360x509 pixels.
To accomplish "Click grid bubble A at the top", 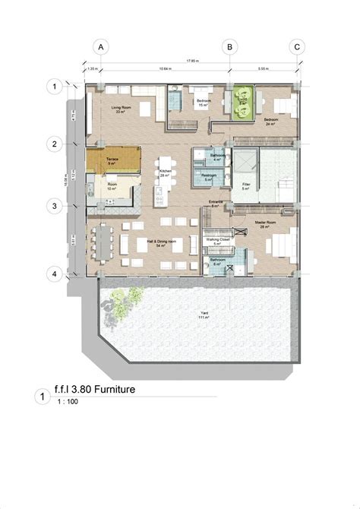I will point(99,46).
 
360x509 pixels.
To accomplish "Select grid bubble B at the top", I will point(228,46).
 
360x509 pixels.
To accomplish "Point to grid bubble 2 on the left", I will point(55,144).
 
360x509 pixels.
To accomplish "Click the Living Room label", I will point(121,110).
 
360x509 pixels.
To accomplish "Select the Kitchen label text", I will point(163,173).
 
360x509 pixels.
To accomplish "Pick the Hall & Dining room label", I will point(160,242).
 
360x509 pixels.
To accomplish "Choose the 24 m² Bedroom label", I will point(271,120).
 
